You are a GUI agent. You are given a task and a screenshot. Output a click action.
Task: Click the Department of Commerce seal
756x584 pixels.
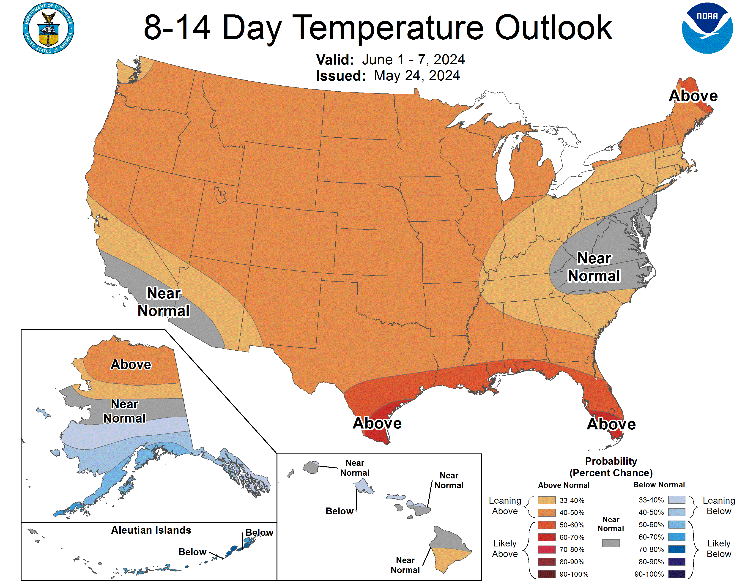[x=49, y=28]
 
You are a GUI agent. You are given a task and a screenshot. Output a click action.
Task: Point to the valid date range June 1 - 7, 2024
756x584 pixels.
[x=413, y=60]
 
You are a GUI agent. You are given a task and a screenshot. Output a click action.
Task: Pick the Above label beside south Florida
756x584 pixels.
[x=611, y=424]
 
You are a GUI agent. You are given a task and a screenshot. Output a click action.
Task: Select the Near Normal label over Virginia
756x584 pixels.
[x=594, y=267]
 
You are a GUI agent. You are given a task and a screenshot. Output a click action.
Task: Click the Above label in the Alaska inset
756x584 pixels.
[x=131, y=364]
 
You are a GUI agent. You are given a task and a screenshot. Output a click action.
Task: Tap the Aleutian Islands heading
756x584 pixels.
[x=151, y=530]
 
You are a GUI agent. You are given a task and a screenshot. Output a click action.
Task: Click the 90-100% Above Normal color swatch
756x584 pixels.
[x=547, y=574]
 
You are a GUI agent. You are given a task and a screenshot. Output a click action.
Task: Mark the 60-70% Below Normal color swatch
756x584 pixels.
[x=676, y=537]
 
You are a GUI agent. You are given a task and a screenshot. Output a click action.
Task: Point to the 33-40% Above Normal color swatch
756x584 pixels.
[x=547, y=500]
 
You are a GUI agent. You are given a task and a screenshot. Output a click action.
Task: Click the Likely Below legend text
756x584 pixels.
[x=719, y=548]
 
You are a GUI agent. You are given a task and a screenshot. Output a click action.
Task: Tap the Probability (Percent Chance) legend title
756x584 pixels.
[x=611, y=467]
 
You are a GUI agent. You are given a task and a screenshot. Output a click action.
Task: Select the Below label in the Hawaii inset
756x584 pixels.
[x=339, y=511]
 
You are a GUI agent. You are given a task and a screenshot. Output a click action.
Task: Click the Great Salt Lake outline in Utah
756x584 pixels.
[x=220, y=194]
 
